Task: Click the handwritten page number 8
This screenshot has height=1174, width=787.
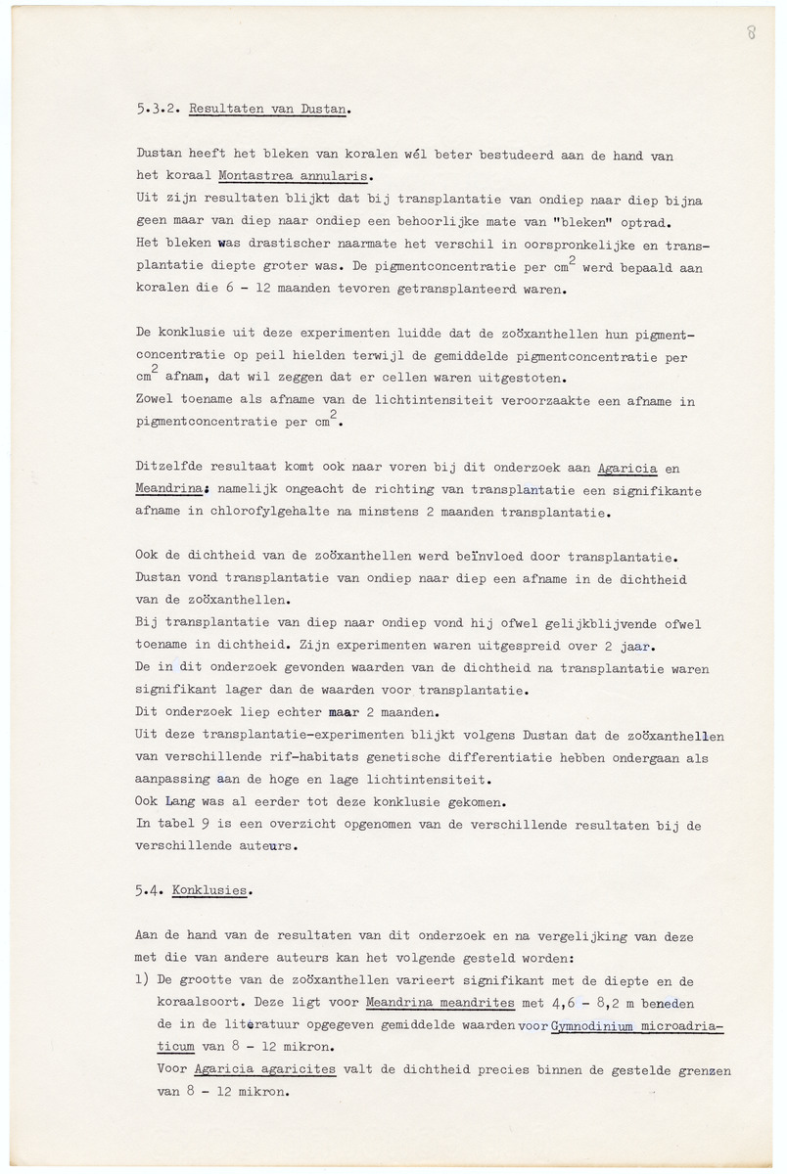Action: coord(750,32)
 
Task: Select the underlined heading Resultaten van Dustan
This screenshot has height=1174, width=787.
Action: coord(269,111)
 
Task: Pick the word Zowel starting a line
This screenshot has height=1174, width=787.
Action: coord(156,401)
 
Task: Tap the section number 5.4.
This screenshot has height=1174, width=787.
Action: coord(150,890)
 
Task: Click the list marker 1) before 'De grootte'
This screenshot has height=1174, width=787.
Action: coord(142,982)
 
